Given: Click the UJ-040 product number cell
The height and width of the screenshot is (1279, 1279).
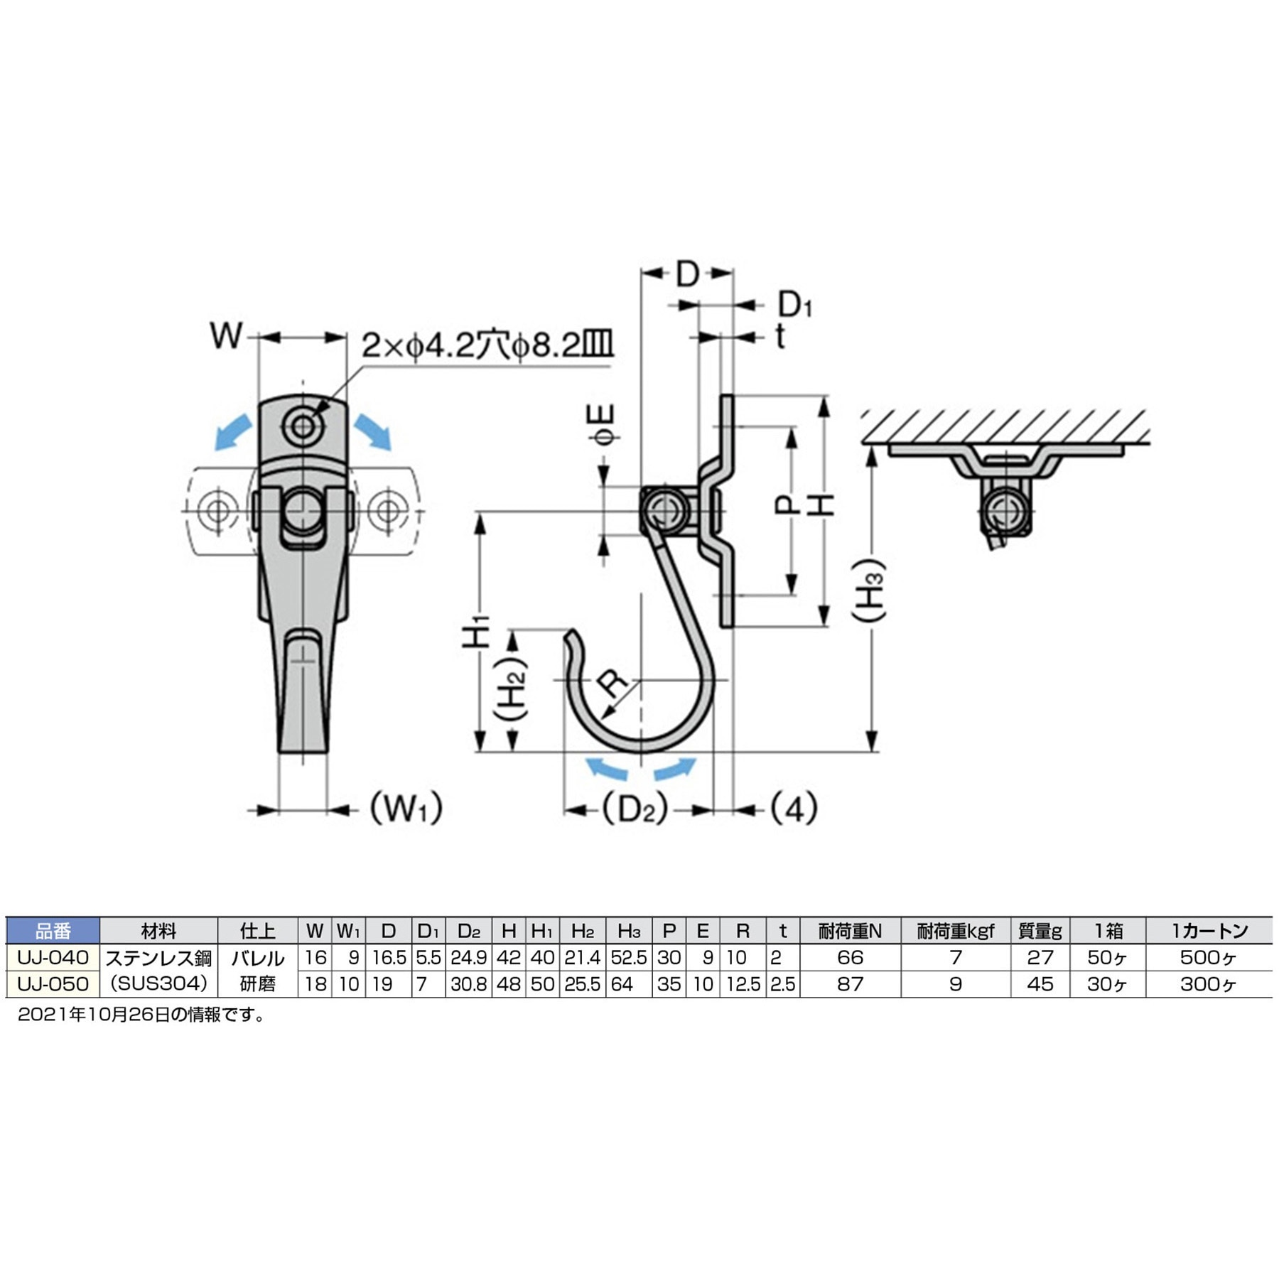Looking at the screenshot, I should pos(53,957).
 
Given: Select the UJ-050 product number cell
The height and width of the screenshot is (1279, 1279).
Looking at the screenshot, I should pos(53,984).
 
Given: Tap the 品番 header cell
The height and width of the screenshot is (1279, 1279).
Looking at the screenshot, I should pos(53,930).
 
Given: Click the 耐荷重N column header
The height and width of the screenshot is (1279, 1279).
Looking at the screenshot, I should pos(849,930).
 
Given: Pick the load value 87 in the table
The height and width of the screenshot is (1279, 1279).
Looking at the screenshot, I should pos(849,984).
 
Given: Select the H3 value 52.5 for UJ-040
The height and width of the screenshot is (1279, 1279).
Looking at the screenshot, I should pos(628,957).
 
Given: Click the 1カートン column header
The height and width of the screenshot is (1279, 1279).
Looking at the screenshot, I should pos(1209,930).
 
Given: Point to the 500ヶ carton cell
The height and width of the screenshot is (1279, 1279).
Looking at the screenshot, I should pos(1209,957).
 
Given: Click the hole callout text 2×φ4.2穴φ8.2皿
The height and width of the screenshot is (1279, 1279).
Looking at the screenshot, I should pos(487,345).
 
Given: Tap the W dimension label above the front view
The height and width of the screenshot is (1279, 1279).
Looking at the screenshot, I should pos(226,335).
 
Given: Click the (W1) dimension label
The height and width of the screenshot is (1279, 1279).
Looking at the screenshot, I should pos(406,808).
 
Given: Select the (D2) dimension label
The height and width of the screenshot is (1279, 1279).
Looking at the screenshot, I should pos(635,809).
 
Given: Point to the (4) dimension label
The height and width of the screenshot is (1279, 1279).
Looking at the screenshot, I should pos(794,809).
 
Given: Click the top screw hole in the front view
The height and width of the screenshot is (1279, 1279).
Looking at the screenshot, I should pos(303,426).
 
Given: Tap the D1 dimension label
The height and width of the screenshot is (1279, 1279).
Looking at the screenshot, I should pos(794,305).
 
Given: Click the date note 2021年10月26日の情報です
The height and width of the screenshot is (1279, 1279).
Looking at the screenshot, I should pos(141,1015).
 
